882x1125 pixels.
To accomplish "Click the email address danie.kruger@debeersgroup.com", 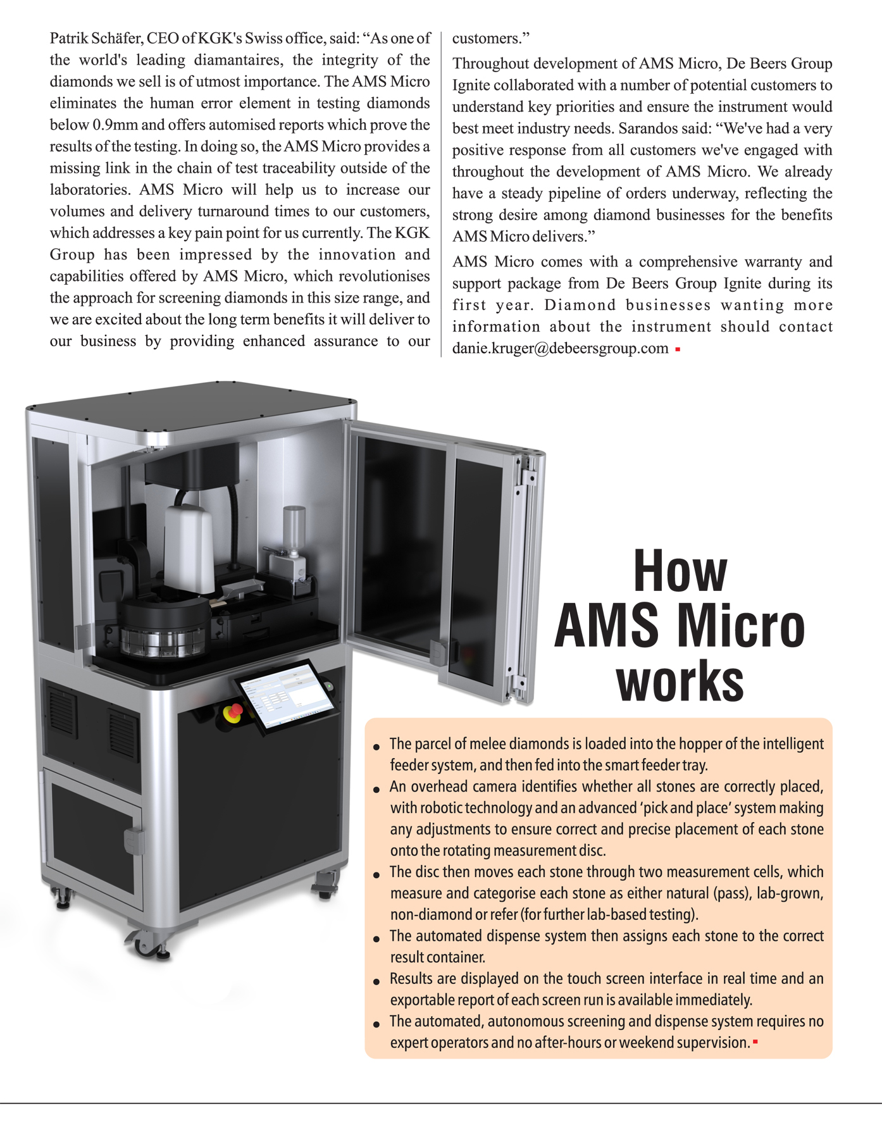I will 560,349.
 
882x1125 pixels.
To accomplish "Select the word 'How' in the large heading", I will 680,571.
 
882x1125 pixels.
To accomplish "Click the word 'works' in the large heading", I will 680,681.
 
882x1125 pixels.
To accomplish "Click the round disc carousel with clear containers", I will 165,630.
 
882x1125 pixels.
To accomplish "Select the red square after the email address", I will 678,349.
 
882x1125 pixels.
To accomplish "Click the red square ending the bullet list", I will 755,1041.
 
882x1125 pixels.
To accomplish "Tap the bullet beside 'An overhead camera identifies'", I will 376,790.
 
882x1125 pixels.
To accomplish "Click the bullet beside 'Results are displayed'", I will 376,982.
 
